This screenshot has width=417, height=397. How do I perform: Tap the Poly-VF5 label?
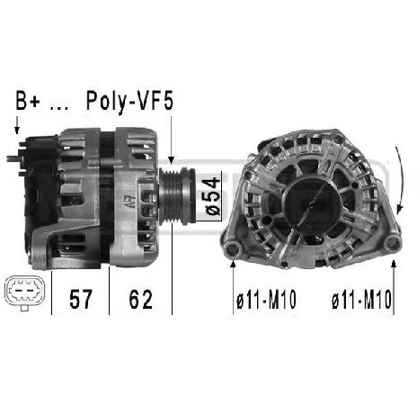[x=128, y=102]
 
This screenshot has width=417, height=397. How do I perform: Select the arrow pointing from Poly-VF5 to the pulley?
[x=170, y=140]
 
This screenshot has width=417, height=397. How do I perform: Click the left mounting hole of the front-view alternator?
[x=233, y=249]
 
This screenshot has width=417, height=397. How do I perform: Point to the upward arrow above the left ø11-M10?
[x=233, y=270]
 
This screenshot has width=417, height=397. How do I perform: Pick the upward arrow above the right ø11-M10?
[x=393, y=270]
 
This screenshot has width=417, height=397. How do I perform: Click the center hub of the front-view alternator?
[x=308, y=203]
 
